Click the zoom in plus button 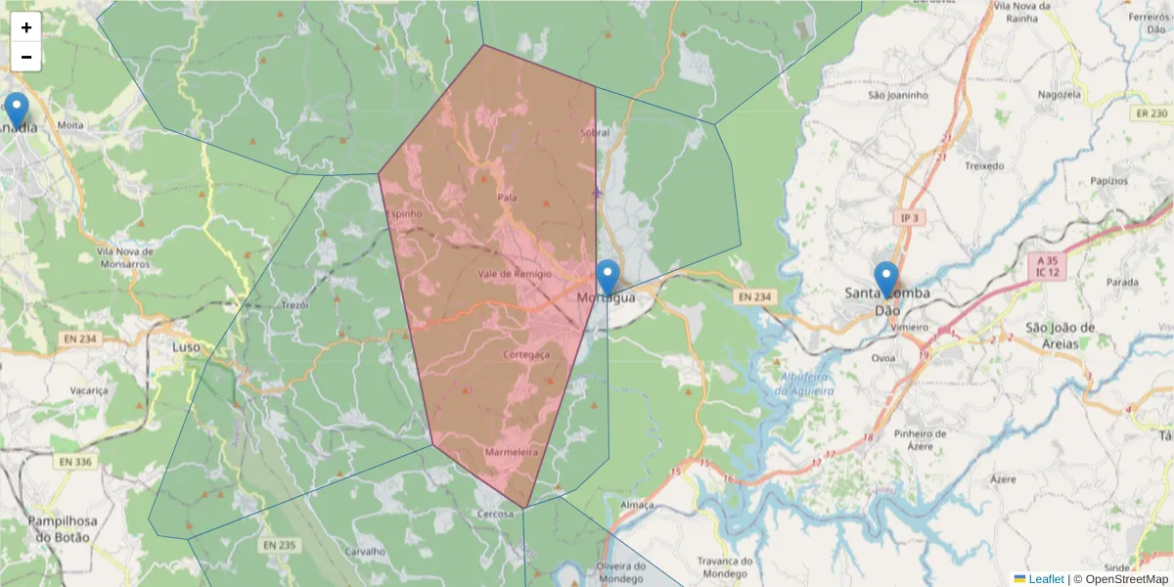[x=26, y=27]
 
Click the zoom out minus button [x=26, y=57]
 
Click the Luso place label [x=186, y=346]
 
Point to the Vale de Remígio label [x=515, y=275]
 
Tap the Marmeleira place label [x=512, y=453]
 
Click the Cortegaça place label [x=525, y=354]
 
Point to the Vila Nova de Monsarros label [x=125, y=257]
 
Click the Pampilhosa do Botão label [x=59, y=529]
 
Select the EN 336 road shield [x=75, y=462]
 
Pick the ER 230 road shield [x=1151, y=113]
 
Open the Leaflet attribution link [x=1045, y=579]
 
